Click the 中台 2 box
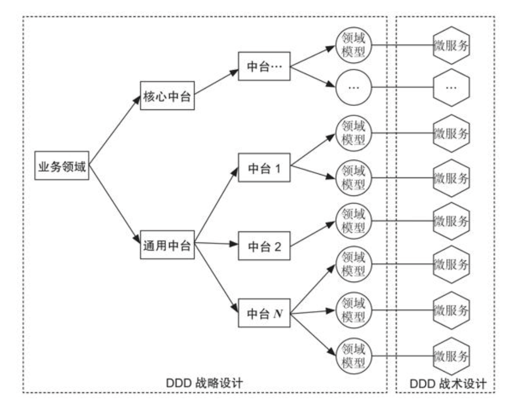pyautogui.click(x=264, y=246)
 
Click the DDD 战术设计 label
pyautogui.click(x=448, y=383)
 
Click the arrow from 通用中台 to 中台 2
pyautogui.click(x=216, y=243)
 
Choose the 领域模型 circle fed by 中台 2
pyautogui.click(x=353, y=221)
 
